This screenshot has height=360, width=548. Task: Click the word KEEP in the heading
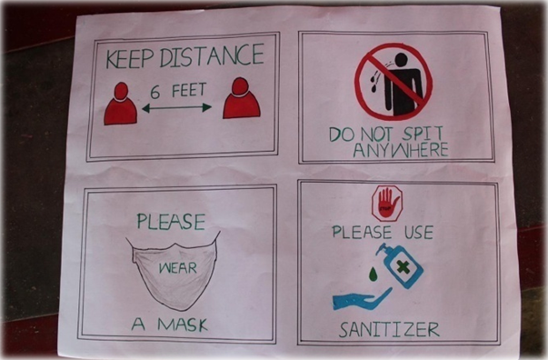(x=130, y=59)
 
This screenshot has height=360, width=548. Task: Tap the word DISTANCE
(x=212, y=55)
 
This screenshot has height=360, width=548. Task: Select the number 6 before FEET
(x=155, y=92)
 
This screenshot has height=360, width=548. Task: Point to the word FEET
(x=189, y=90)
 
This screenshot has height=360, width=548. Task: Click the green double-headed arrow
(x=177, y=108)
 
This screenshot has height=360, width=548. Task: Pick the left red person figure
(x=120, y=105)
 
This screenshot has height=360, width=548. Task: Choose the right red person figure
(x=242, y=98)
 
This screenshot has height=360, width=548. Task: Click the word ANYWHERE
(x=401, y=150)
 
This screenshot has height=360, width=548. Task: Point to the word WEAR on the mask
(x=178, y=268)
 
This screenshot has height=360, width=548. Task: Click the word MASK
(x=183, y=325)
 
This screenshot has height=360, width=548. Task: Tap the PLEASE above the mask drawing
(x=171, y=222)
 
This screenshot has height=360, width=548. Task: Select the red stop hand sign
(x=387, y=204)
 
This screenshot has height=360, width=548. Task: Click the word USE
(x=419, y=233)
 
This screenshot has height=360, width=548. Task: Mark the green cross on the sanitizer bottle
(x=403, y=268)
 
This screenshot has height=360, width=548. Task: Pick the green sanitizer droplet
(x=374, y=274)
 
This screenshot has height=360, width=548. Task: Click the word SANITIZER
(x=389, y=330)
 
